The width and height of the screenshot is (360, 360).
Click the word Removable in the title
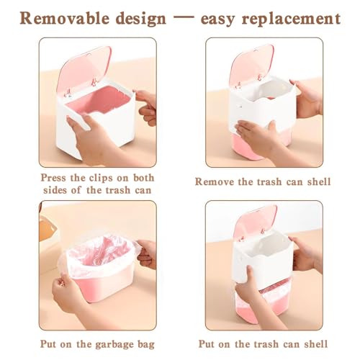tap(65, 19)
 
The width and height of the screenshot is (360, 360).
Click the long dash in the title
tap(184, 17)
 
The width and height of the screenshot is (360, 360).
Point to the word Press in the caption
tap(53, 178)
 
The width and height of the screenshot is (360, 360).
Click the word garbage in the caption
tap(114, 345)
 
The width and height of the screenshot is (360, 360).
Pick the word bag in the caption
tap(145, 345)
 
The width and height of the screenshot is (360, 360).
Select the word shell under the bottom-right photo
tap(316, 344)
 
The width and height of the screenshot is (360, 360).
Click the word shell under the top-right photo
tap(319, 181)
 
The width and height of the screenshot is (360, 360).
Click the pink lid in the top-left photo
tap(84, 69)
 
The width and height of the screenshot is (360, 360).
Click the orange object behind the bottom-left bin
tap(48, 230)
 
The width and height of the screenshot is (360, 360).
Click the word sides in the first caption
tap(56, 190)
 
